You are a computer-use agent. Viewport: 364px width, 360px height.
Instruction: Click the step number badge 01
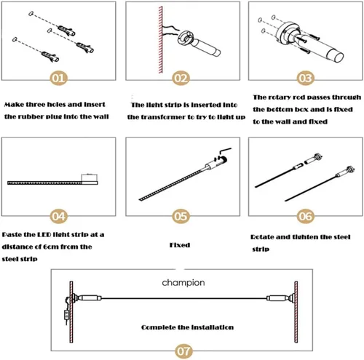[58, 79]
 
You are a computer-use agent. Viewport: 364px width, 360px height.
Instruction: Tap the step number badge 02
[181, 79]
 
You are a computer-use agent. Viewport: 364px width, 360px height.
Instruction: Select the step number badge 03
[306, 79]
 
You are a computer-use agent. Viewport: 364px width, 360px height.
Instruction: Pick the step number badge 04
[58, 216]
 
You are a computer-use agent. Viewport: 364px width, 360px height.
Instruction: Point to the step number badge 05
[181, 216]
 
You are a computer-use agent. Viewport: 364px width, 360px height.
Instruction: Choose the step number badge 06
[306, 216]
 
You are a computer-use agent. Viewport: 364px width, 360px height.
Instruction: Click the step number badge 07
[183, 351]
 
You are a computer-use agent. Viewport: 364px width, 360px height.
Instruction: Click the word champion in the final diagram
[183, 283]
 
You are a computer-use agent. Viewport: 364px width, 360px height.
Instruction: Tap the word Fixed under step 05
[180, 245]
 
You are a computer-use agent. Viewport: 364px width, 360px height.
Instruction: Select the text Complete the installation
[187, 327]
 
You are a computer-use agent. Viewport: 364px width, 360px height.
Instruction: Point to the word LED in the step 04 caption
[44, 234]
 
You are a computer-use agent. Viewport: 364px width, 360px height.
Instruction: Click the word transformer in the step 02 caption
[167, 117]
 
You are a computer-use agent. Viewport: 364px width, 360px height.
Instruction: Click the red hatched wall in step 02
[160, 40]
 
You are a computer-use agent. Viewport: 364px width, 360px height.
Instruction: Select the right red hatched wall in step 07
[296, 312]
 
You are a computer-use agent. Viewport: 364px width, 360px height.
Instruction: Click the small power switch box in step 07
[66, 315]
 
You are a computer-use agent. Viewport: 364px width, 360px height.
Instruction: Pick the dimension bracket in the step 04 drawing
[90, 177]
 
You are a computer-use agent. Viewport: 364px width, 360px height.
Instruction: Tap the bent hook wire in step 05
[224, 151]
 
